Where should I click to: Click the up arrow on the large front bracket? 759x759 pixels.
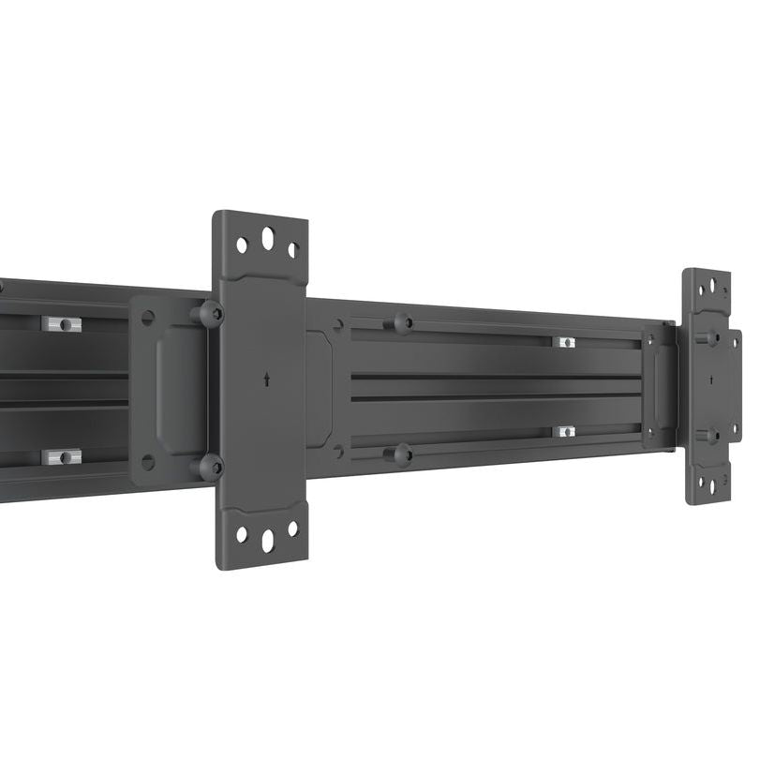coord(269,379)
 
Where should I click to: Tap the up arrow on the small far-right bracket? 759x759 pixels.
coord(711,379)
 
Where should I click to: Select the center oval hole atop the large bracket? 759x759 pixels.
coord(268,239)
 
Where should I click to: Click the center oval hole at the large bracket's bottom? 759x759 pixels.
coord(268,540)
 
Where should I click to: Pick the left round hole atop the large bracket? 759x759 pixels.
coord(242,245)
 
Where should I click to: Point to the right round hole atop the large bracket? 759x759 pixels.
coord(293,250)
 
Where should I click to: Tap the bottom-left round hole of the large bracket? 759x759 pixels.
coord(242,534)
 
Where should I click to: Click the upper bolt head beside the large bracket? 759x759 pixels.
coord(210,314)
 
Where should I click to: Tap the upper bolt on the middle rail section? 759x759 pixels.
coord(401,324)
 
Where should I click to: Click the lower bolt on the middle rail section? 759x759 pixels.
coord(401,455)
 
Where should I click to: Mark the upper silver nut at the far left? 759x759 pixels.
coord(61,324)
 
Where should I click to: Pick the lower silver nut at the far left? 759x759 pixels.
coord(61,457)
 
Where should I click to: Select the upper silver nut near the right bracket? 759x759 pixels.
coord(564,342)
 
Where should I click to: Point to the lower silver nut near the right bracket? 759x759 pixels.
coord(564,431)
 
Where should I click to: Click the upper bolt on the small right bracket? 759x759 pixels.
coord(710,337)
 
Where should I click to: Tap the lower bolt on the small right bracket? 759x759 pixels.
coord(710,435)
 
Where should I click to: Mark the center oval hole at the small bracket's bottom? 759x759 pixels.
coord(709,486)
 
